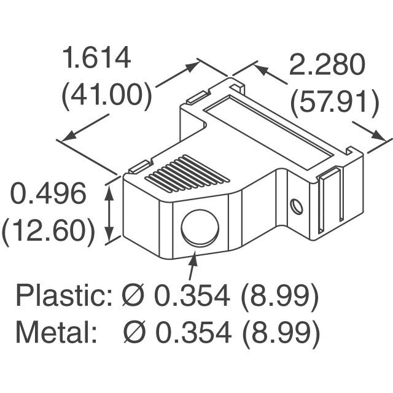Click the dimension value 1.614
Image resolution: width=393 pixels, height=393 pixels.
point(96,59)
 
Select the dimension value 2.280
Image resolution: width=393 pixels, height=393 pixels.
point(329,65)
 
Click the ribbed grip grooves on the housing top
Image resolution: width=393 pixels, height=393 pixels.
point(187,173)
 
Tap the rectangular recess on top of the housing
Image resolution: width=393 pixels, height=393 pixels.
point(274,129)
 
